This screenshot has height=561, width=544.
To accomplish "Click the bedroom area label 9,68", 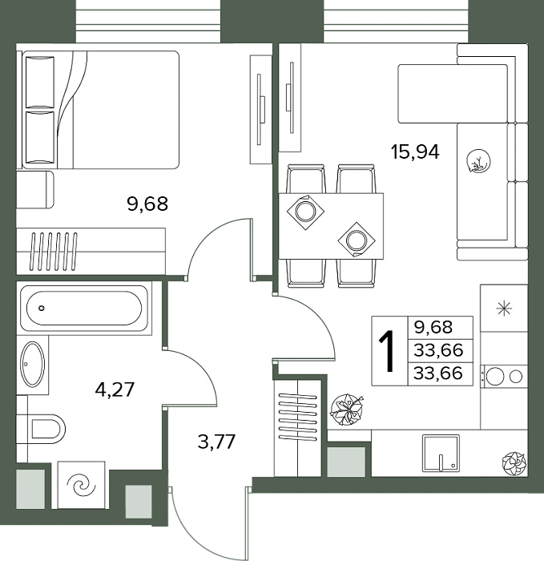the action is pos(147,204).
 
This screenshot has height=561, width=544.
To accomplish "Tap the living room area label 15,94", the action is pos(415,151).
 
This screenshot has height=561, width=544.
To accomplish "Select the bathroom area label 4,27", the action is pos(115,389).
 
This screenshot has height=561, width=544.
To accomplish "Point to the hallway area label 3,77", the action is pos(216,442).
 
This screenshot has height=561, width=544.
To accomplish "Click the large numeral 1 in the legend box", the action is pos(387,351).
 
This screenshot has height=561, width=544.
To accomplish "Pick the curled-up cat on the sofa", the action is pos(478,161).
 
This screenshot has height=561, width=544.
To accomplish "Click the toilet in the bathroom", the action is pos(46,429).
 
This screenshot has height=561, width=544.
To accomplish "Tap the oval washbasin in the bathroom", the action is pos(33,364).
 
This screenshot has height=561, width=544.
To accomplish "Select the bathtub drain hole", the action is pos(42,308).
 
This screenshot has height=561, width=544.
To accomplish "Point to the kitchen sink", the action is pos(441,454).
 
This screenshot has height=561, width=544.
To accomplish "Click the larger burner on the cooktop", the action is pos(494,376).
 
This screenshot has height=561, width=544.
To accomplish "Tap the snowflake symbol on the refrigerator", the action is pos(504,309).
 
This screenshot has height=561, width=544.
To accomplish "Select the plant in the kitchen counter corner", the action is pos(514,464).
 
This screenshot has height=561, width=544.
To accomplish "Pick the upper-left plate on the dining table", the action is pos(305,212).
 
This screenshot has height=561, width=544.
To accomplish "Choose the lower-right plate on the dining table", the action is pos(357,240).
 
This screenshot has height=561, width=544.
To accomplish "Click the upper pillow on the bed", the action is pos(40,82).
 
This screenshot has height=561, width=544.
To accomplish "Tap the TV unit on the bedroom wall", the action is pos(260,109).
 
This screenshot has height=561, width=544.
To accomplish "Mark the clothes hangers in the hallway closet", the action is pos(297,418).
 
